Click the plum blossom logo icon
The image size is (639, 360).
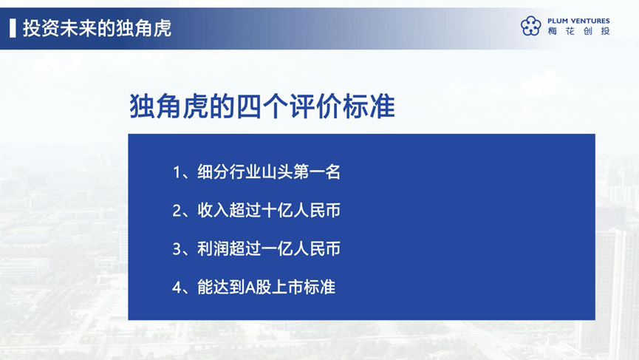tap(530, 26)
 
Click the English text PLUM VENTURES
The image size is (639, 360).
tap(578, 21)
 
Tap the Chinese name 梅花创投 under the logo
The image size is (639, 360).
tap(578, 31)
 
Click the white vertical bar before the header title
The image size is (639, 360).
tap(13, 28)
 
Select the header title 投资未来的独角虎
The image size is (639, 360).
tap(97, 28)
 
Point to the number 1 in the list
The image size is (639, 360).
tap(177, 172)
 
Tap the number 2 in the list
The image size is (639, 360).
tap(177, 211)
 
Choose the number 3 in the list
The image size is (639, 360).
tap(177, 249)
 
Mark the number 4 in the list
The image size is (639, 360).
tap(177, 288)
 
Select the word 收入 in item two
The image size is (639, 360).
tap(213, 211)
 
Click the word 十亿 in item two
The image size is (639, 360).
tap(277, 211)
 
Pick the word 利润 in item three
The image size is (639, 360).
tap(213, 248)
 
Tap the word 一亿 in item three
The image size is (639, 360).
tap(277, 248)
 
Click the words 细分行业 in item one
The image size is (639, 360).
tap(229, 172)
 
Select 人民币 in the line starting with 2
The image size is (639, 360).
tap(317, 211)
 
